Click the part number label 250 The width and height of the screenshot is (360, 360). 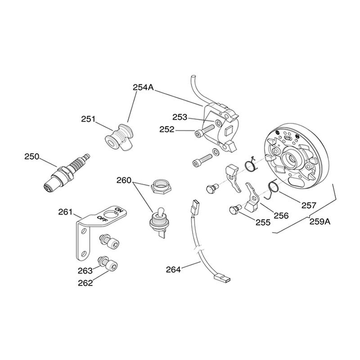click(x=32, y=157)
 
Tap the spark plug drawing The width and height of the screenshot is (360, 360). click(x=67, y=172)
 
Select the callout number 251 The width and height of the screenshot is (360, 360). click(x=88, y=119)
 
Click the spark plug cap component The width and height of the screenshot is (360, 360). click(x=119, y=137)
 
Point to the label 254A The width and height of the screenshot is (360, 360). click(x=143, y=87)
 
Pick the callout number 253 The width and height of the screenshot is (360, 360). click(x=180, y=117)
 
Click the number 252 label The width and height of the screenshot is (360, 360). click(x=167, y=130)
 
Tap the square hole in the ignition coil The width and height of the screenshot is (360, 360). click(x=229, y=132)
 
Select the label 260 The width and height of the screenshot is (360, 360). click(x=124, y=180)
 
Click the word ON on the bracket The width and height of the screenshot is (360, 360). click(x=118, y=211)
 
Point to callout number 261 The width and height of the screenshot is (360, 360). click(x=65, y=211)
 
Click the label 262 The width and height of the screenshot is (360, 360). click(x=85, y=283)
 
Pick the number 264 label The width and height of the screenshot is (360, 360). click(x=173, y=270)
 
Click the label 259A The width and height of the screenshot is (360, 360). click(x=320, y=221)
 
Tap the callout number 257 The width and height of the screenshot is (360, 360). click(x=309, y=205)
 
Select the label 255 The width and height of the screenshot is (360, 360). click(x=263, y=222)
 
